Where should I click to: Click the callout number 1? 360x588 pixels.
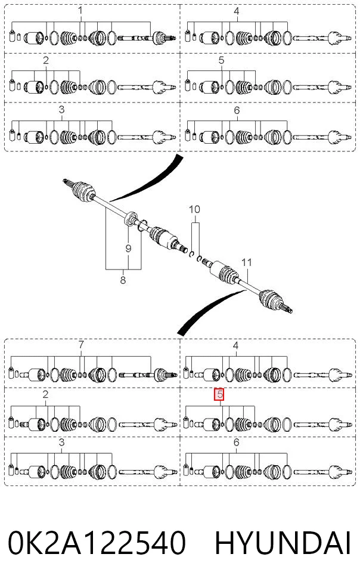[x=80, y=11]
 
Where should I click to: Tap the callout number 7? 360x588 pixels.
[x=81, y=344]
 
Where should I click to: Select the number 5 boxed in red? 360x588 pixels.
[x=219, y=394]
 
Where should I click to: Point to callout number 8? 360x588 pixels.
[x=123, y=280]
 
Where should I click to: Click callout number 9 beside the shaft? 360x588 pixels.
[x=128, y=248]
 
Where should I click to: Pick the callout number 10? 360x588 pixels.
[x=194, y=209]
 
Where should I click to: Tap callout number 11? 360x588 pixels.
[x=247, y=262]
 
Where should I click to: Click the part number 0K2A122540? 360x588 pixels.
[x=97, y=542]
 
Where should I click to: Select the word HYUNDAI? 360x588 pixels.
[x=283, y=542]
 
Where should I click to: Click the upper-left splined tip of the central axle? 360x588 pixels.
[x=66, y=182]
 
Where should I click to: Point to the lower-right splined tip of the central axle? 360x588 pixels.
[x=288, y=309]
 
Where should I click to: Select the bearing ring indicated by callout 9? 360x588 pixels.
[x=129, y=219]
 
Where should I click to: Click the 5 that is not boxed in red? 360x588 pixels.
[x=221, y=60]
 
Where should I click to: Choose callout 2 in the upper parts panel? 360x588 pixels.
[x=46, y=60]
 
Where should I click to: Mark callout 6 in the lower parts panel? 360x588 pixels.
[x=236, y=442]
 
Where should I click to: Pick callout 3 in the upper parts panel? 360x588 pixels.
[x=61, y=110]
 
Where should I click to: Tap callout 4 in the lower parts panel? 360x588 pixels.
[x=235, y=345]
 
